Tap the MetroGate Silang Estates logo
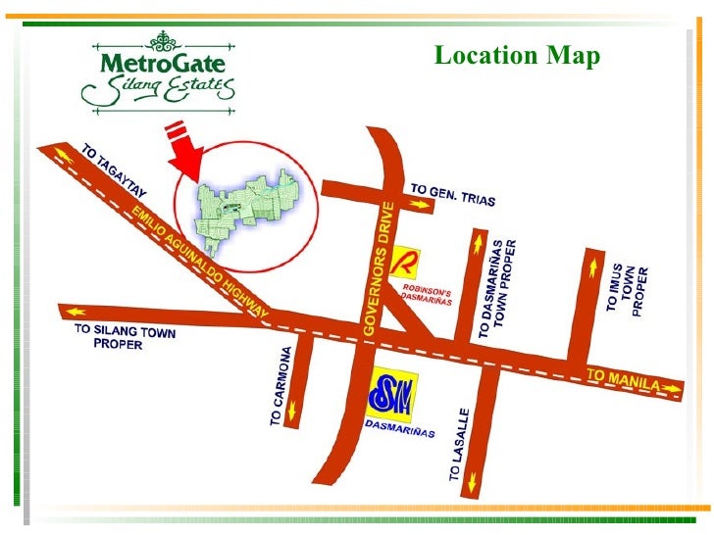pyautogui.click(x=158, y=71)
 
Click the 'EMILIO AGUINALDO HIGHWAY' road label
pyautogui.click(x=200, y=260)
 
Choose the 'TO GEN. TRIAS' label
pyautogui.click(x=452, y=193)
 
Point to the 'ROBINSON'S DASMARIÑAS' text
pyautogui.click(x=428, y=295)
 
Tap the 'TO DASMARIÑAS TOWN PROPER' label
pyautogui.click(x=503, y=288)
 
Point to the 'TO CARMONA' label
pyautogui.click(x=280, y=385)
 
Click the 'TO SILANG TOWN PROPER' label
pyautogui.click(x=125, y=338)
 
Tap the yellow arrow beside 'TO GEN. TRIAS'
pyautogui.click(x=421, y=204)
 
